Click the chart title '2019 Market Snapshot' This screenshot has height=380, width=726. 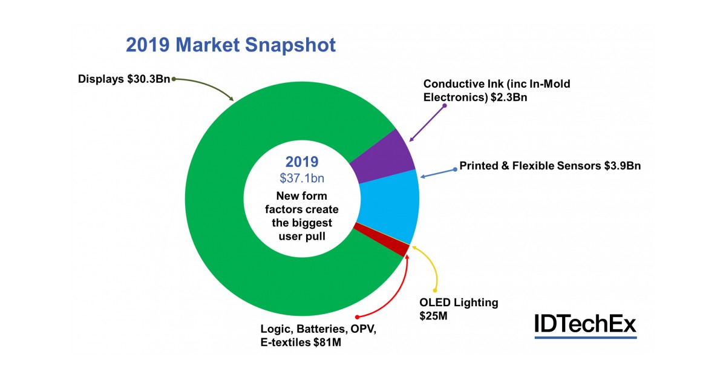tap(230, 45)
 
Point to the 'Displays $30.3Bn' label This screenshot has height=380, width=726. tap(125, 79)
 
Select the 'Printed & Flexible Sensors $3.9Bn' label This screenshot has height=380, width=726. tap(549, 165)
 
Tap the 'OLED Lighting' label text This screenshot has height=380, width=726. tap(459, 303)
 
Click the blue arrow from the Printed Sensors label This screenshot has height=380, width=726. tap(438, 174)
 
